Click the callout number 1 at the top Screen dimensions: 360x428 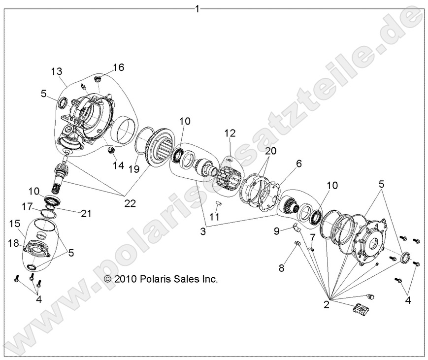(x=198, y=8)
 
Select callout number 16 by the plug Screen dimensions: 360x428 (x=119, y=67)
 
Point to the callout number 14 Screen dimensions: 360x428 (x=118, y=165)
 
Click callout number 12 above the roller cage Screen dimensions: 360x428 (x=230, y=133)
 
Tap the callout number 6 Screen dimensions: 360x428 (x=298, y=163)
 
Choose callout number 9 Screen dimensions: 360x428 (x=277, y=230)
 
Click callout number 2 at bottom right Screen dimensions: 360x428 (x=326, y=304)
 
